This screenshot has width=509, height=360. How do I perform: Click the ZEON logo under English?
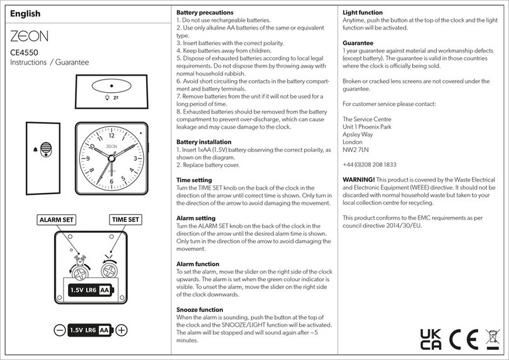29,35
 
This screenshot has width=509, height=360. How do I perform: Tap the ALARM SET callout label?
56,219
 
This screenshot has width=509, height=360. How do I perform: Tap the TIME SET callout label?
125,219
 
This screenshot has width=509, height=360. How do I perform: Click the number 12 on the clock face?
111,135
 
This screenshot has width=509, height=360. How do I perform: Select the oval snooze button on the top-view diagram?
112,86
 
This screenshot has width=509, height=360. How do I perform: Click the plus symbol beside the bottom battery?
122,330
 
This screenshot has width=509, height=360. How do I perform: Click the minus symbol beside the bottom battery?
59,330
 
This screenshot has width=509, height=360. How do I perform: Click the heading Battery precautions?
205,13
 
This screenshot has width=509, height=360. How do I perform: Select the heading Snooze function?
200,310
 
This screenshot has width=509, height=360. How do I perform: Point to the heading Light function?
362,13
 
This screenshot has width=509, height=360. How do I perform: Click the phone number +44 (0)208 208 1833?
369,164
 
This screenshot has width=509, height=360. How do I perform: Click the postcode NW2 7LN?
356,150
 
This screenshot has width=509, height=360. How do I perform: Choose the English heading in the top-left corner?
26,13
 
